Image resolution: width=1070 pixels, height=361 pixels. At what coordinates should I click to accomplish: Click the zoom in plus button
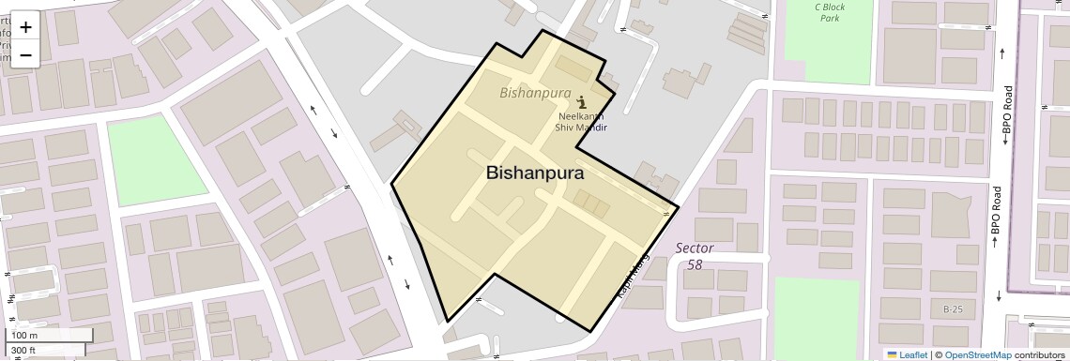tap(25, 27)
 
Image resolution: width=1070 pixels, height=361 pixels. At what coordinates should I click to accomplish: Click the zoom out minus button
tap(25, 54)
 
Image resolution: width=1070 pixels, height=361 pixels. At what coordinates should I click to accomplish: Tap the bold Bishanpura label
tap(535, 173)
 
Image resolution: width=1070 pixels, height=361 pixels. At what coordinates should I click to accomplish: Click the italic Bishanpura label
tap(535, 93)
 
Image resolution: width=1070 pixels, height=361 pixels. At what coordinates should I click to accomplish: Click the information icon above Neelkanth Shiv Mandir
tap(582, 100)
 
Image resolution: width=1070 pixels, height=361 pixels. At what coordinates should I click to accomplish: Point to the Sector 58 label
tap(695, 256)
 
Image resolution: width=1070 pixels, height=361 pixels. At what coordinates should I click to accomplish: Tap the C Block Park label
tap(830, 12)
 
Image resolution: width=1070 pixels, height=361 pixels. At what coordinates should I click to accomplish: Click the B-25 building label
tap(953, 309)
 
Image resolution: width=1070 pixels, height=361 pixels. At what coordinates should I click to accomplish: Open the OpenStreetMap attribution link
tap(977, 354)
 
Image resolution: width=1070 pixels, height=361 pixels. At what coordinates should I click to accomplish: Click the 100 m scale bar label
tap(24, 336)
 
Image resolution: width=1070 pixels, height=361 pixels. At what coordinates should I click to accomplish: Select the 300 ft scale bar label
tap(23, 351)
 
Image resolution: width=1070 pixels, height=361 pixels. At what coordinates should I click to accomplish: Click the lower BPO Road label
tap(997, 219)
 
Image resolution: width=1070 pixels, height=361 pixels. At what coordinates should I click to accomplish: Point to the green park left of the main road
tap(156, 159)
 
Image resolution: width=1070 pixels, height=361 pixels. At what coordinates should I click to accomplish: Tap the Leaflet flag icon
tap(892, 354)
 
